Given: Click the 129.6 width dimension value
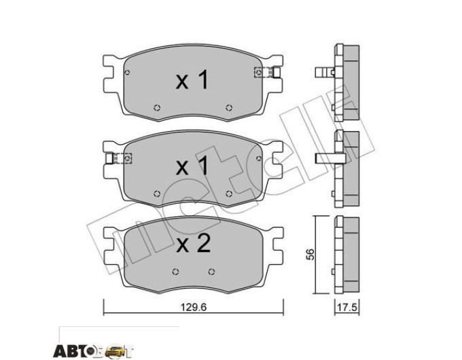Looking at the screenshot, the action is (194, 307).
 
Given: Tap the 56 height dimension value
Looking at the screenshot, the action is (310, 254).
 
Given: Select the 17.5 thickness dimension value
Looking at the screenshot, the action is (347, 308).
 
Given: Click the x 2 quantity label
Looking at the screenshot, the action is (193, 244).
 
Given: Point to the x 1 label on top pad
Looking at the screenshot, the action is (192, 80).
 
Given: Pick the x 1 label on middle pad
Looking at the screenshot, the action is (192, 166).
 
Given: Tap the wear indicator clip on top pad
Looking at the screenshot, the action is (266, 72).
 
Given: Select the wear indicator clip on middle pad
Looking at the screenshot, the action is (119, 158).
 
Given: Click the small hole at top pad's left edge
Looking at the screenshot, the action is (127, 73).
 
